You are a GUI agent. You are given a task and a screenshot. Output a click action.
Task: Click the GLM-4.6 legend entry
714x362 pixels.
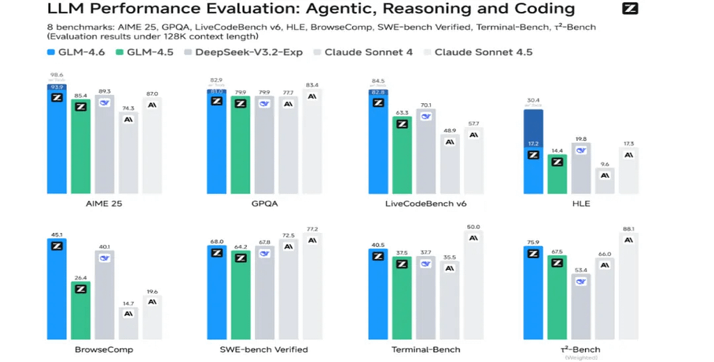tap(76, 52)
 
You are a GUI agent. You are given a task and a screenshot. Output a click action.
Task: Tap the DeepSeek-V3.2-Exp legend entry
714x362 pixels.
tap(248, 52)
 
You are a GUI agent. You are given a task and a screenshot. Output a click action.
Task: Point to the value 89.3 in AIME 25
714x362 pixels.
tap(105, 91)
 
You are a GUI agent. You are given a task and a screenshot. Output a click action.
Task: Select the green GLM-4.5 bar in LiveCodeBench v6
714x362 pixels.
tap(402, 157)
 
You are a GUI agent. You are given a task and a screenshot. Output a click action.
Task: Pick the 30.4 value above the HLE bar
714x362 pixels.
tap(533, 100)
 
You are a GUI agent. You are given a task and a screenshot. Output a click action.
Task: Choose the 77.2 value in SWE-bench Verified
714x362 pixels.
tap(312, 229)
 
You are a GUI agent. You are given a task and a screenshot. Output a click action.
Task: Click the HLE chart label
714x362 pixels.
tap(580, 204)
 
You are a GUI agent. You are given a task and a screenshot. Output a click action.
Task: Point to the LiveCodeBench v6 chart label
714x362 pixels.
tap(425, 204)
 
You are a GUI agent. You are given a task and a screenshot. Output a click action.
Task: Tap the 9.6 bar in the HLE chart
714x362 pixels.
tap(605, 182)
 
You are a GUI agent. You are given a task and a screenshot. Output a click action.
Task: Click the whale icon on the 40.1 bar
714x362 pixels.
tap(105, 258)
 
